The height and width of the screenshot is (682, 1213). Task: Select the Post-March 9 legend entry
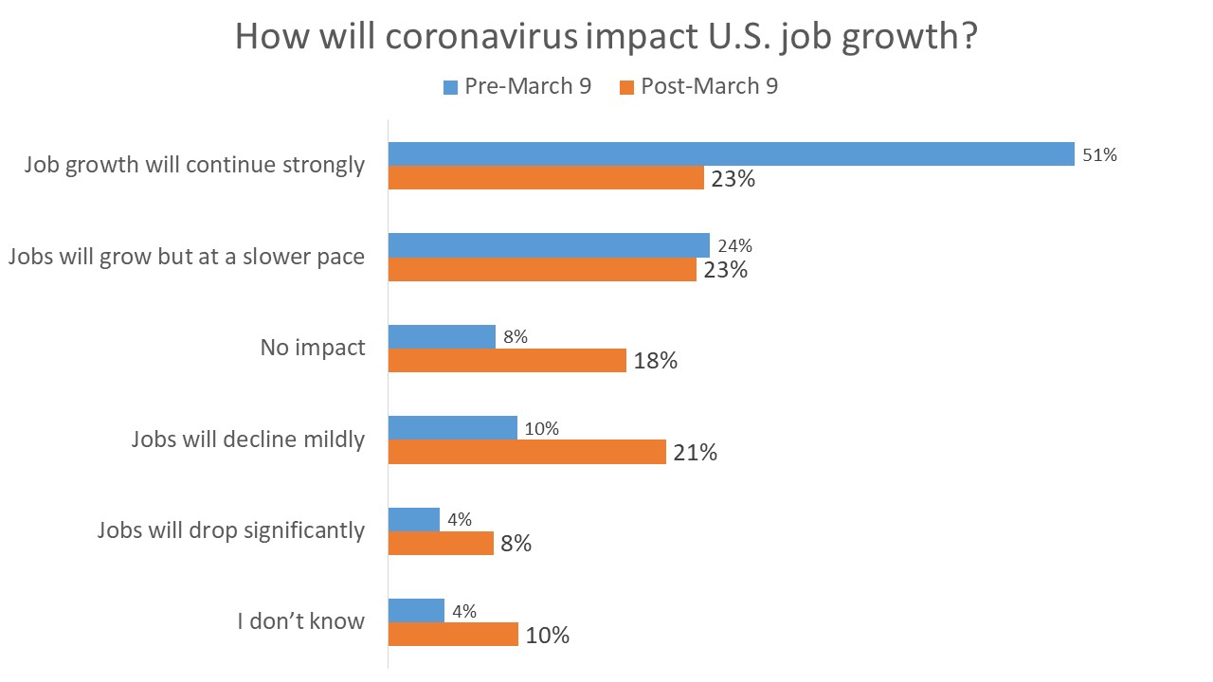[x=698, y=86]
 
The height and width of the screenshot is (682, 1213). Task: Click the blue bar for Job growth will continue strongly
[x=731, y=154]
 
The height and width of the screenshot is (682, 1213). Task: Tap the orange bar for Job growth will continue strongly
[x=546, y=178]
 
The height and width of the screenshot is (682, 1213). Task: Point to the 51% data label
[x=1100, y=155]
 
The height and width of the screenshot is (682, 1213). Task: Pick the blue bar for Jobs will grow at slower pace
[x=549, y=245]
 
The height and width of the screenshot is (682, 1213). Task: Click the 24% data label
[x=734, y=246]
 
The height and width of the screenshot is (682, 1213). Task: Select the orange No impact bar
[x=507, y=361]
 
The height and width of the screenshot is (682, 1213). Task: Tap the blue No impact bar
[x=442, y=337]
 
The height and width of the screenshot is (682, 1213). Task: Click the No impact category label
[x=312, y=348]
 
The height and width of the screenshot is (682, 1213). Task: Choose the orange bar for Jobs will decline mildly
[x=527, y=452]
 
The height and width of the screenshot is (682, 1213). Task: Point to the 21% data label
[x=695, y=453]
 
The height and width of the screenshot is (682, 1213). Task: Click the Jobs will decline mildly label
[x=247, y=440]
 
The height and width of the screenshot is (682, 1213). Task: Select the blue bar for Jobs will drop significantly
[x=414, y=520]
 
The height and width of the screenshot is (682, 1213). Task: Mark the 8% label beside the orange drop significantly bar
[x=516, y=545]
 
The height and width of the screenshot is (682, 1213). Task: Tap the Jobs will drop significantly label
[x=230, y=530]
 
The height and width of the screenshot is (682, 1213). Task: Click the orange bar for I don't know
[x=453, y=635]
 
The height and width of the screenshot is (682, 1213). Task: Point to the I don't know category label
[x=300, y=622]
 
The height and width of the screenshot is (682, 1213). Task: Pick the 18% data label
[x=655, y=362]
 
